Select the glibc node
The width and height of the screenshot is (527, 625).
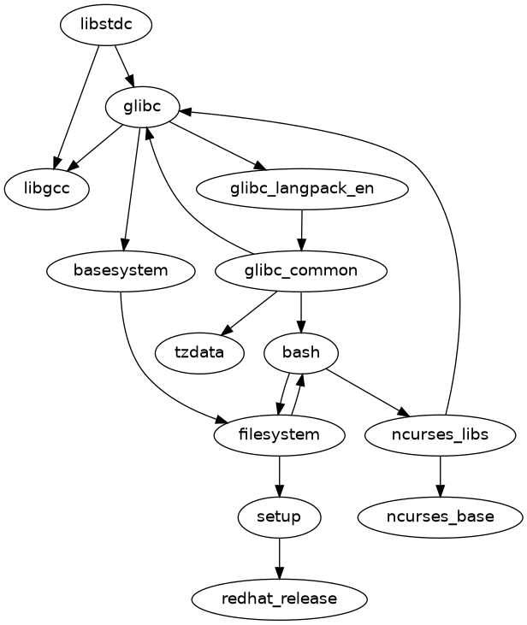[142, 107]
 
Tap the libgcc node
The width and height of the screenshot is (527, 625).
[48, 188]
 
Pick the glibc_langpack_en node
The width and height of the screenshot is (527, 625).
[302, 188]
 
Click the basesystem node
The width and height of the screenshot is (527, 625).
[121, 270]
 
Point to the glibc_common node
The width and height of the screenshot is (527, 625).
[300, 270]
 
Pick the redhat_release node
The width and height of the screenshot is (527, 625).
[280, 598]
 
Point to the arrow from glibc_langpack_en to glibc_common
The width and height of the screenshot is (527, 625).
[301, 229]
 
